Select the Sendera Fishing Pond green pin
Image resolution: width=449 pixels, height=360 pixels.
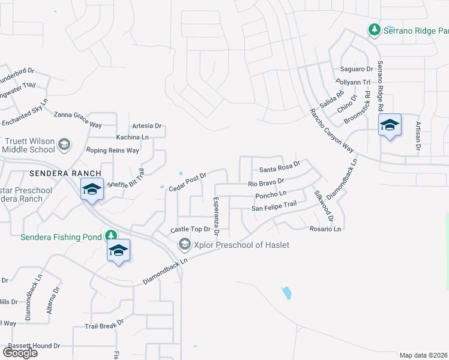(x=110, y=235)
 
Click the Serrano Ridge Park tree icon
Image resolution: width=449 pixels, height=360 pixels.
(x=374, y=29)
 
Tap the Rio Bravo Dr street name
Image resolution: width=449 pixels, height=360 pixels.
(x=266, y=182)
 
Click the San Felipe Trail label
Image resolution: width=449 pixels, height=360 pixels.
(x=274, y=205)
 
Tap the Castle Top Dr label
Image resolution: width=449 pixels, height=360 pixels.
(x=191, y=229)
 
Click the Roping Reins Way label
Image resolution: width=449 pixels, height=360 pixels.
(x=112, y=150)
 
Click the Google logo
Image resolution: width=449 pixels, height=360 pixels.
(x=20, y=352)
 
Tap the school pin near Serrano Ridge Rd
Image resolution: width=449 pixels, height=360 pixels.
(x=390, y=125)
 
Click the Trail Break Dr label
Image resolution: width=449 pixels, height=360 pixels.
(x=104, y=323)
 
